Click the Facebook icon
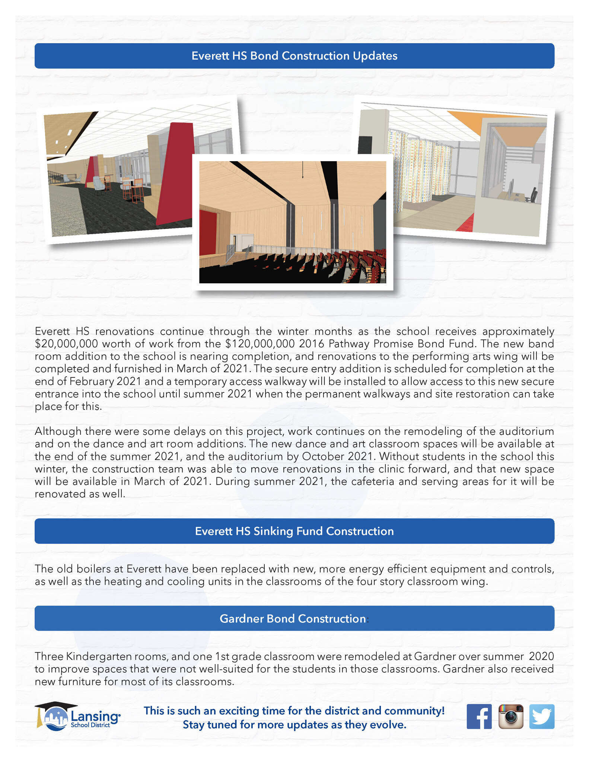479,716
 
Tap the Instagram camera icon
510,716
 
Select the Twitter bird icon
542,716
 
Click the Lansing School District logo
77,716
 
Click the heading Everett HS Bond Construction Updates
294,56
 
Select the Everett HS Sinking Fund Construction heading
294,531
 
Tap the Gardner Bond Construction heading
293,618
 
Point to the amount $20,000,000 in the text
66,344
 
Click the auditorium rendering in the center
293,222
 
